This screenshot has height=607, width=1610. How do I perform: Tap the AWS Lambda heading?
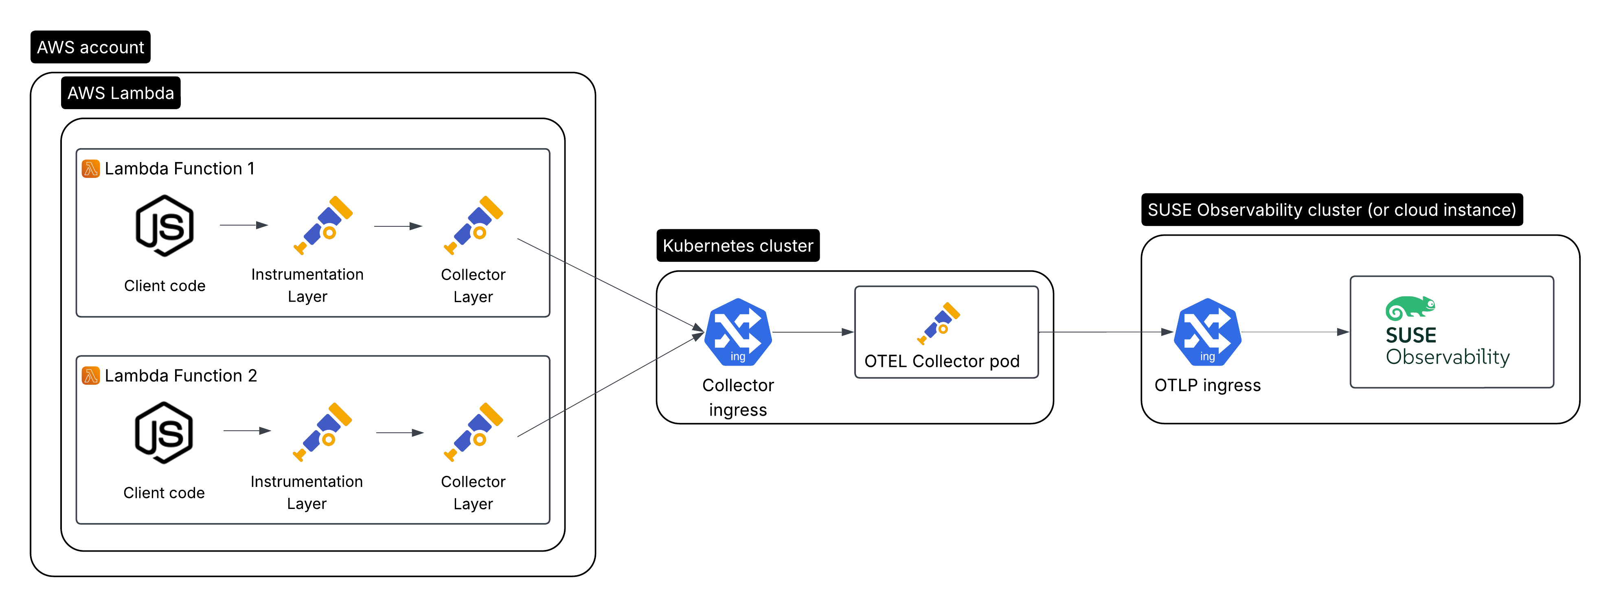coord(121,93)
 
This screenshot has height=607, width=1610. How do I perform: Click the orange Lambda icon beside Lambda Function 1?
coord(91,169)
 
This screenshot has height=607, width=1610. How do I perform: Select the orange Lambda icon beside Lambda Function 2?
coord(91,376)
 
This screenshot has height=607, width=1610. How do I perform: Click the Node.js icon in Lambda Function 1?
coord(165,226)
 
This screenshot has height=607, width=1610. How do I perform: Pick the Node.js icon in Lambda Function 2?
coord(164,433)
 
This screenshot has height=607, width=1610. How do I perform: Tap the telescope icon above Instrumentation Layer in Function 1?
coord(323,225)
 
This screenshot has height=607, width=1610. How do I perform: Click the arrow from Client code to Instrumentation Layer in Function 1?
coord(244,225)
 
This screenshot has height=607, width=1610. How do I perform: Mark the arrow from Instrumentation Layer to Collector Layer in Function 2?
coord(400,432)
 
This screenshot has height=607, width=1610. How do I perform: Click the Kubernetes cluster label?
coord(737,245)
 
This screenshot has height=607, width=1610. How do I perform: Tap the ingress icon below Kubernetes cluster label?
coord(738,332)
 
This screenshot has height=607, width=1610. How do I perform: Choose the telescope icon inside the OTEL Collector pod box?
coord(938,323)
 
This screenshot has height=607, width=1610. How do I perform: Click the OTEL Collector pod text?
coord(941,362)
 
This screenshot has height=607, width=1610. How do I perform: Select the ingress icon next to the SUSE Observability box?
coord(1208,332)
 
